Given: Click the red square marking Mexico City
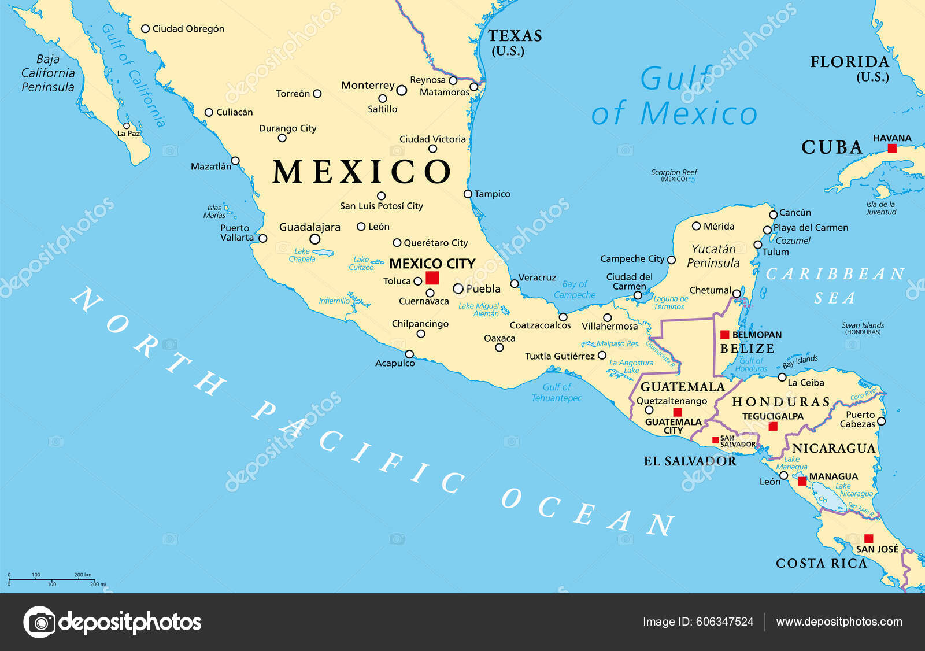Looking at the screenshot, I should click(x=432, y=278).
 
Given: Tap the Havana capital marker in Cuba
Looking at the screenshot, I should click(x=892, y=149).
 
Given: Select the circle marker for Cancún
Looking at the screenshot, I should click(x=773, y=214).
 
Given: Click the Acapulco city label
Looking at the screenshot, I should click(x=395, y=363).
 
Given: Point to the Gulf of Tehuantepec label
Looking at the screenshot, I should click(x=556, y=393).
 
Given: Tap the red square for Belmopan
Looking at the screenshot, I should click(x=724, y=335).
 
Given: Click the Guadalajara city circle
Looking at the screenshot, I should click(x=315, y=239).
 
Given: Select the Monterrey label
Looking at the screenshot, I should click(x=368, y=86).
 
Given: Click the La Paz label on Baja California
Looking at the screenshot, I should click(x=129, y=134).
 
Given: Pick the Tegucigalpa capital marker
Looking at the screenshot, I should click(x=773, y=427).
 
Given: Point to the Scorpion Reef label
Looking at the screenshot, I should click(x=674, y=175).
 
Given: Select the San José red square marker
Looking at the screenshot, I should click(x=868, y=538).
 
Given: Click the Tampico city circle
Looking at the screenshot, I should click(x=468, y=194).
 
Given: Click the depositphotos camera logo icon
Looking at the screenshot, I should click(x=39, y=622).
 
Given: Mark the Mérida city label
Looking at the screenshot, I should click(x=719, y=226).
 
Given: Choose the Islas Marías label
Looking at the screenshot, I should click(x=214, y=211).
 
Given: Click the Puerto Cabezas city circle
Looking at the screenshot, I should click(x=881, y=421).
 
